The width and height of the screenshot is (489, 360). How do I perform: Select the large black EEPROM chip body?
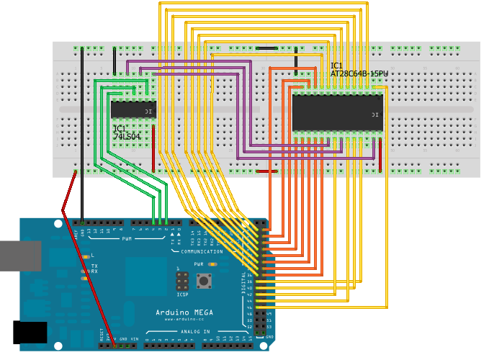[337, 113]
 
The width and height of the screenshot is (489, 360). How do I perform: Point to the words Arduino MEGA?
[184, 312]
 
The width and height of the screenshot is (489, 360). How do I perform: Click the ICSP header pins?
[182, 279]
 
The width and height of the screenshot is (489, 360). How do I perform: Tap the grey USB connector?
[20, 256]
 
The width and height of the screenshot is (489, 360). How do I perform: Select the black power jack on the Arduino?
[30, 332]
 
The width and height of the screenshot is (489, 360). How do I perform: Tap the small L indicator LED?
[84, 256]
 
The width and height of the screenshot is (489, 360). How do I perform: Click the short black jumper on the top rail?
[266, 49]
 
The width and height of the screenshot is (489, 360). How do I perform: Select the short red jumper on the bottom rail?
[266, 171]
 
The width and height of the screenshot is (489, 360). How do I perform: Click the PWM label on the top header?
[127, 238]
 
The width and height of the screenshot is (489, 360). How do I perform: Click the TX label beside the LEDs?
[94, 266]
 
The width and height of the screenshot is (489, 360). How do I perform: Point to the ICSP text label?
[181, 294]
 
